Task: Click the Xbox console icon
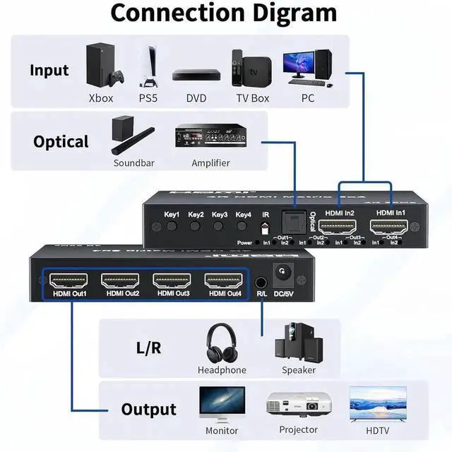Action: coord(101,66)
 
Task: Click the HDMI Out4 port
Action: coord(225,280)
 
